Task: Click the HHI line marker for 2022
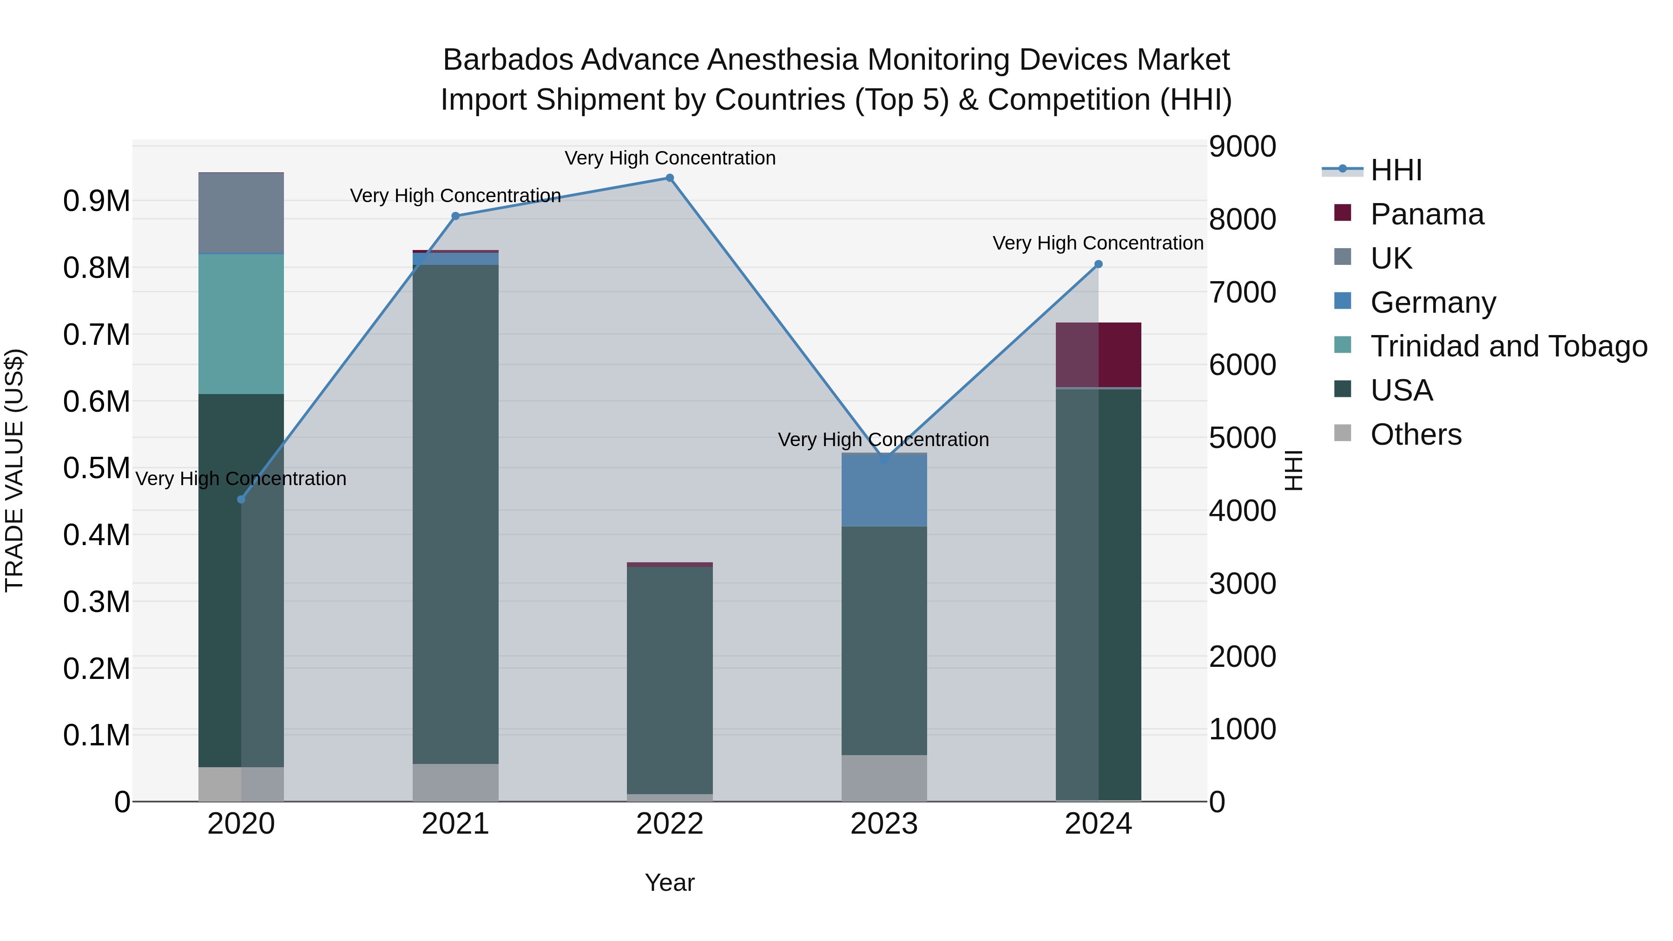point(670,178)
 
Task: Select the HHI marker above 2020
point(241,500)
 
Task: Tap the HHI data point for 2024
point(1098,264)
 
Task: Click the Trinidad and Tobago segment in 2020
point(241,323)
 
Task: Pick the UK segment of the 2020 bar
point(241,212)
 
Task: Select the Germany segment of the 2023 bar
point(884,490)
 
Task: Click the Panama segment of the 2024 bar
point(1098,355)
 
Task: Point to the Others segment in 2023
point(884,777)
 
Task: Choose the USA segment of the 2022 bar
point(670,680)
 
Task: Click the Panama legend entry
point(1426,214)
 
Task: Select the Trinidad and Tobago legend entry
point(1508,346)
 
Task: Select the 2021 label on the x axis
point(455,824)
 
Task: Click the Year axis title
point(670,882)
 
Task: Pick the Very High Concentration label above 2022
point(670,158)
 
